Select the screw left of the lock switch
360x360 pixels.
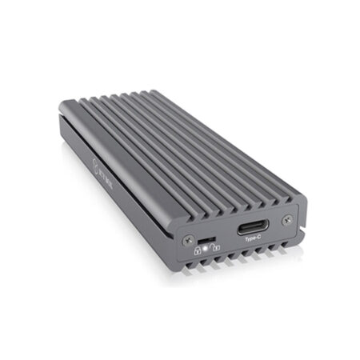(188, 239)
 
